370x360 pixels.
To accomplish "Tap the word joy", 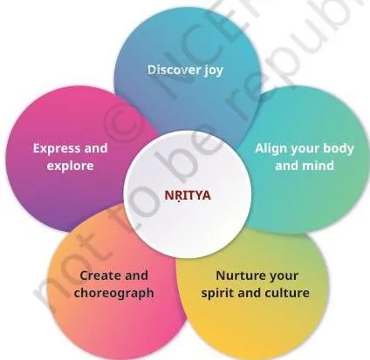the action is pos(214,71).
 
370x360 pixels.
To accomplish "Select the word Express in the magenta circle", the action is pos(53,149).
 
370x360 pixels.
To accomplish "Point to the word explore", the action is pos(70,166).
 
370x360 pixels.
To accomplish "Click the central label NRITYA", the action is pos(188,195).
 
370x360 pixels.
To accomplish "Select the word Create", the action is pos(99,275).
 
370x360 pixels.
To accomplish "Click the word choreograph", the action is pos(113,293).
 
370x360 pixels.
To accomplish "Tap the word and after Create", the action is pos(135,275).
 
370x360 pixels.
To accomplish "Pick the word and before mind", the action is pos(287,166).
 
